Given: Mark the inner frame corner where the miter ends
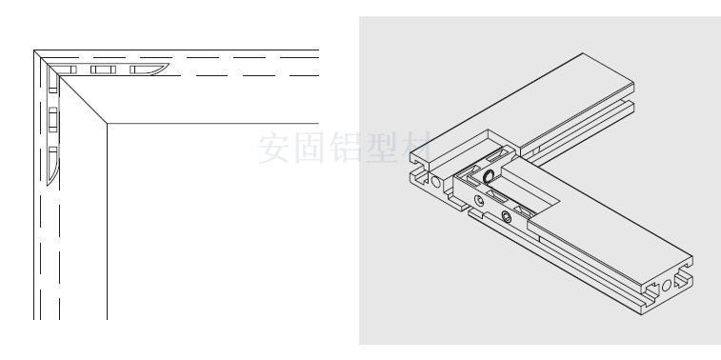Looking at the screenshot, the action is click(x=108, y=123).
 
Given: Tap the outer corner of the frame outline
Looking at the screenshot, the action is click(x=35, y=50).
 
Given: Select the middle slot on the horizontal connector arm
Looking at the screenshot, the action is click(x=102, y=70).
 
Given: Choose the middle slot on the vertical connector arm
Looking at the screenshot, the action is click(x=53, y=118).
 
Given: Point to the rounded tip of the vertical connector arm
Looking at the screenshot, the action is click(x=53, y=175).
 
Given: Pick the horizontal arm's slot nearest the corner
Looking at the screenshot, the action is click(x=70, y=70).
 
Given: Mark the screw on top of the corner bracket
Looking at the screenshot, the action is click(x=487, y=176).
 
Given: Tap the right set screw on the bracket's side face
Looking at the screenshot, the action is click(x=506, y=218).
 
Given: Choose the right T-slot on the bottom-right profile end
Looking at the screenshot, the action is click(x=683, y=282).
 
